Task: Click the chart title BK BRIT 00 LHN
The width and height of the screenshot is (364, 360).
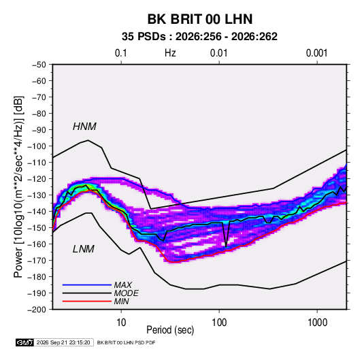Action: point(200,19)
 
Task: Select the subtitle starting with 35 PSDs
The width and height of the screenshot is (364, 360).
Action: point(199,37)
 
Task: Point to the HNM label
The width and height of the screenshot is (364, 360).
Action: point(84,127)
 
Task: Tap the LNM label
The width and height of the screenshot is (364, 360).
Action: point(84,249)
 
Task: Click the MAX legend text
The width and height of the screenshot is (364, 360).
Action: point(122,285)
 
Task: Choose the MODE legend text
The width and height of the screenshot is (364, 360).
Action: point(126,293)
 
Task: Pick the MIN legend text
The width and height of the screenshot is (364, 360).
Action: point(121,301)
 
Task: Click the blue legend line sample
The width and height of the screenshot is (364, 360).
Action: point(87,285)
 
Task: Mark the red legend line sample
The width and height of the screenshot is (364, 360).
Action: point(87,301)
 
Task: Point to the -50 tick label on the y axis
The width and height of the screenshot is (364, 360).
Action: point(39,65)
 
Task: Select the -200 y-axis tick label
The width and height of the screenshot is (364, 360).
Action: point(37,310)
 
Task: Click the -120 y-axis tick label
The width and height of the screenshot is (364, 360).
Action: point(37,179)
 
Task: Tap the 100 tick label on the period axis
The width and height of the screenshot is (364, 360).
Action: point(219,322)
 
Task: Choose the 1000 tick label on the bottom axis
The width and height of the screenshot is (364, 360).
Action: point(317,322)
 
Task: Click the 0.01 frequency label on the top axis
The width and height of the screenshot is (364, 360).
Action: point(218,53)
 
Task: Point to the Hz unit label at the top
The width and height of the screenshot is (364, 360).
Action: point(170,53)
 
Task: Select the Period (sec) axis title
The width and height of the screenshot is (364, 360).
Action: point(170,330)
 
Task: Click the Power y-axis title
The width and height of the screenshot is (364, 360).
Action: point(18,186)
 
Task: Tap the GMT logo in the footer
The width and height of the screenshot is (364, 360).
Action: point(24,342)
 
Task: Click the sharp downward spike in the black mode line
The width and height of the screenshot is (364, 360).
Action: point(226,246)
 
